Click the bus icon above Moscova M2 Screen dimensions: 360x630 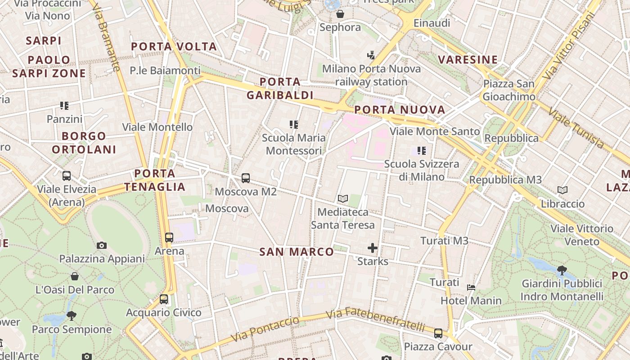tap(245, 178)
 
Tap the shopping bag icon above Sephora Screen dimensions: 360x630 tap(340, 14)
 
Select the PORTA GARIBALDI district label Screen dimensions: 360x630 tap(280, 88)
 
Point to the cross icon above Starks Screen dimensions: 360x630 tap(373, 247)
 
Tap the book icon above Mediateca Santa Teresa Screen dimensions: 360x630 tap(343, 198)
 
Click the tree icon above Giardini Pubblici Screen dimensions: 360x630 tap(562, 270)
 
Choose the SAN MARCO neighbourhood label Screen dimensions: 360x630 tap(297, 252)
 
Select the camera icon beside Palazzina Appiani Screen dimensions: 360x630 tap(102, 245)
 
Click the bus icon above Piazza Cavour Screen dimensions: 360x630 tap(438, 333)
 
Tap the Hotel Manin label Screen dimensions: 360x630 tap(471, 301)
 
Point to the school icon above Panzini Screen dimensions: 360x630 tap(64, 106)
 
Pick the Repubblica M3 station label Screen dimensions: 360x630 tap(505, 180)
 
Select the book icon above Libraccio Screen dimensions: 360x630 tap(562, 190)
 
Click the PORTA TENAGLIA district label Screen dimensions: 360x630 tap(155, 180)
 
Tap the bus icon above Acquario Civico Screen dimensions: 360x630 tap(164, 299)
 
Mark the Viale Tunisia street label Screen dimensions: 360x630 tap(577, 127)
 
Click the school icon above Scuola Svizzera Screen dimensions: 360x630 tap(421, 151)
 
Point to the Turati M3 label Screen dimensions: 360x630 tap(444, 241)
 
